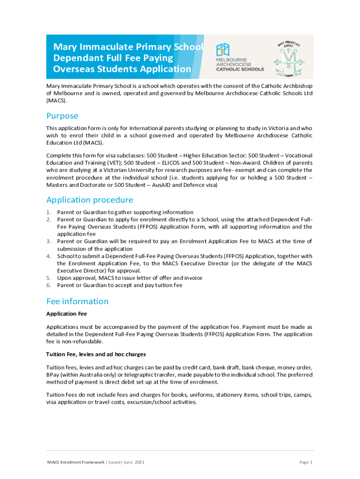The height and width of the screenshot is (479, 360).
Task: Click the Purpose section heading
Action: point(62,116)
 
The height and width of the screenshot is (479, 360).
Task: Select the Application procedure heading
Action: point(89,200)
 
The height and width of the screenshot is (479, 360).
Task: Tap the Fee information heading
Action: point(77,301)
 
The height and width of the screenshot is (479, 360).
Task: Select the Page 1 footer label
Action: point(305,462)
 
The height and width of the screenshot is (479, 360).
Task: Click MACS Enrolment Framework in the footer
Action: point(76,462)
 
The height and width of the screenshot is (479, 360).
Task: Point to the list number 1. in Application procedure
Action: point(49,212)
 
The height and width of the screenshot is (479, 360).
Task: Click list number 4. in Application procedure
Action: point(49,256)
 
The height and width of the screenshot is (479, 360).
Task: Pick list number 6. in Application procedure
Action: point(49,285)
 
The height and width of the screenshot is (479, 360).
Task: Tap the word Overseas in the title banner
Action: point(73,69)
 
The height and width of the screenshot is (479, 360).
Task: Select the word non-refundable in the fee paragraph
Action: point(66,341)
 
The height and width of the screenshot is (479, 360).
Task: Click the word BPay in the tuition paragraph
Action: point(53,375)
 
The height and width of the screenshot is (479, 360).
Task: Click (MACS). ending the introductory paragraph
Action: point(57,100)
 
